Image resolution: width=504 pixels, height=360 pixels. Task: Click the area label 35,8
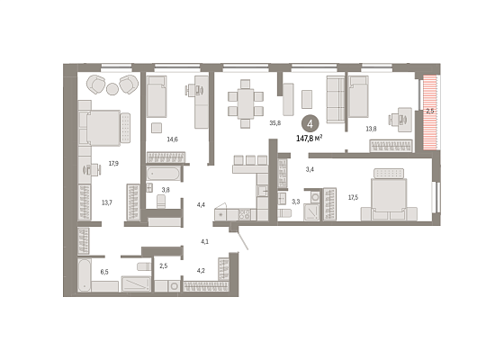pyautogui.click(x=275, y=122)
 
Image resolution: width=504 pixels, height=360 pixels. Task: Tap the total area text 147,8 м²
pyautogui.click(x=310, y=139)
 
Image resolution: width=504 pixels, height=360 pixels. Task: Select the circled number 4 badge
pyautogui.click(x=310, y=124)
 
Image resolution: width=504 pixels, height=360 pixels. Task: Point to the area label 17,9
pyautogui.click(x=113, y=163)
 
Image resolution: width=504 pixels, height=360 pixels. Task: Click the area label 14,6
pyautogui.click(x=172, y=139)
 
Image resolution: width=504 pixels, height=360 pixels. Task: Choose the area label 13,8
pyautogui.click(x=371, y=129)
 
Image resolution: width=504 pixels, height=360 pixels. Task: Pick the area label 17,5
pyautogui.click(x=353, y=197)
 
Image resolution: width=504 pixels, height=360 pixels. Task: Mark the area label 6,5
pyautogui.click(x=104, y=272)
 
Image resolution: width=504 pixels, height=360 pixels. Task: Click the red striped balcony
pyautogui.click(x=430, y=112)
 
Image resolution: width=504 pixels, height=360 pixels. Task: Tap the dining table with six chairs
pyautogui.click(x=246, y=103)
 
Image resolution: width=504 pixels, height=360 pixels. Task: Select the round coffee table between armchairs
pyautogui.click(x=112, y=89)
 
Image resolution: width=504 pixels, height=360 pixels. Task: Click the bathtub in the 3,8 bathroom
pyautogui.click(x=163, y=174)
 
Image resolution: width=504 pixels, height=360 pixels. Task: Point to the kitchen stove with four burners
pyautogui.click(x=244, y=214)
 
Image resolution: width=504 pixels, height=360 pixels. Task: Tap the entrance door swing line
pyautogui.click(x=243, y=238)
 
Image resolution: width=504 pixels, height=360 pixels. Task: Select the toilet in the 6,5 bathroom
pyautogui.click(x=144, y=266)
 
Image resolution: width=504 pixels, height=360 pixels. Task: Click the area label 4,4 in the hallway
pyautogui.click(x=201, y=204)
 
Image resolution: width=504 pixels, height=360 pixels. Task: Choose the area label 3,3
pyautogui.click(x=296, y=202)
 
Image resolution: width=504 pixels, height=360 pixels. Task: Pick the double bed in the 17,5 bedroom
pyautogui.click(x=389, y=194)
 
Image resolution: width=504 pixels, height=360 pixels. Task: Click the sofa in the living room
pyautogui.click(x=336, y=99)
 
